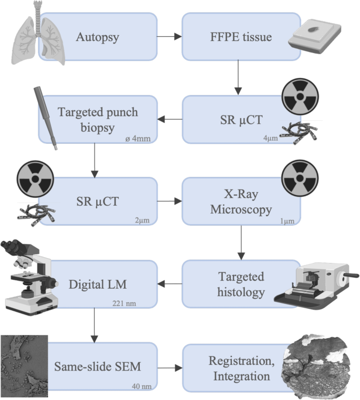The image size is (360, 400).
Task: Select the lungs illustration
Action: (37, 37)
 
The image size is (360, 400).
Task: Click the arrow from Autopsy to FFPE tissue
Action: (169, 37)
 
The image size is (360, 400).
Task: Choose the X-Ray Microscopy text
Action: (241, 201)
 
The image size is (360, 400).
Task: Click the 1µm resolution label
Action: (288, 220)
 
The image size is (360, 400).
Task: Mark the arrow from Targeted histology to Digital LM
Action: (169, 284)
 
